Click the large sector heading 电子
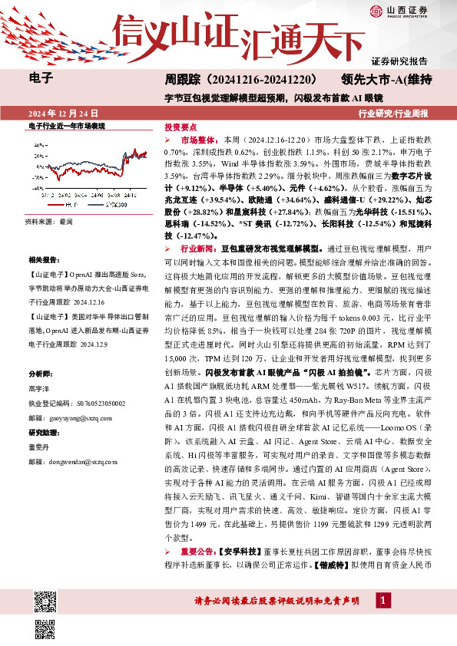click(40, 77)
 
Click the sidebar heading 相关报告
click(42, 261)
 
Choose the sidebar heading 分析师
click(39, 374)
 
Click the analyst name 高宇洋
click(39, 388)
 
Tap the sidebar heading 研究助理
click(42, 433)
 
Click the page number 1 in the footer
click(382, 600)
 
